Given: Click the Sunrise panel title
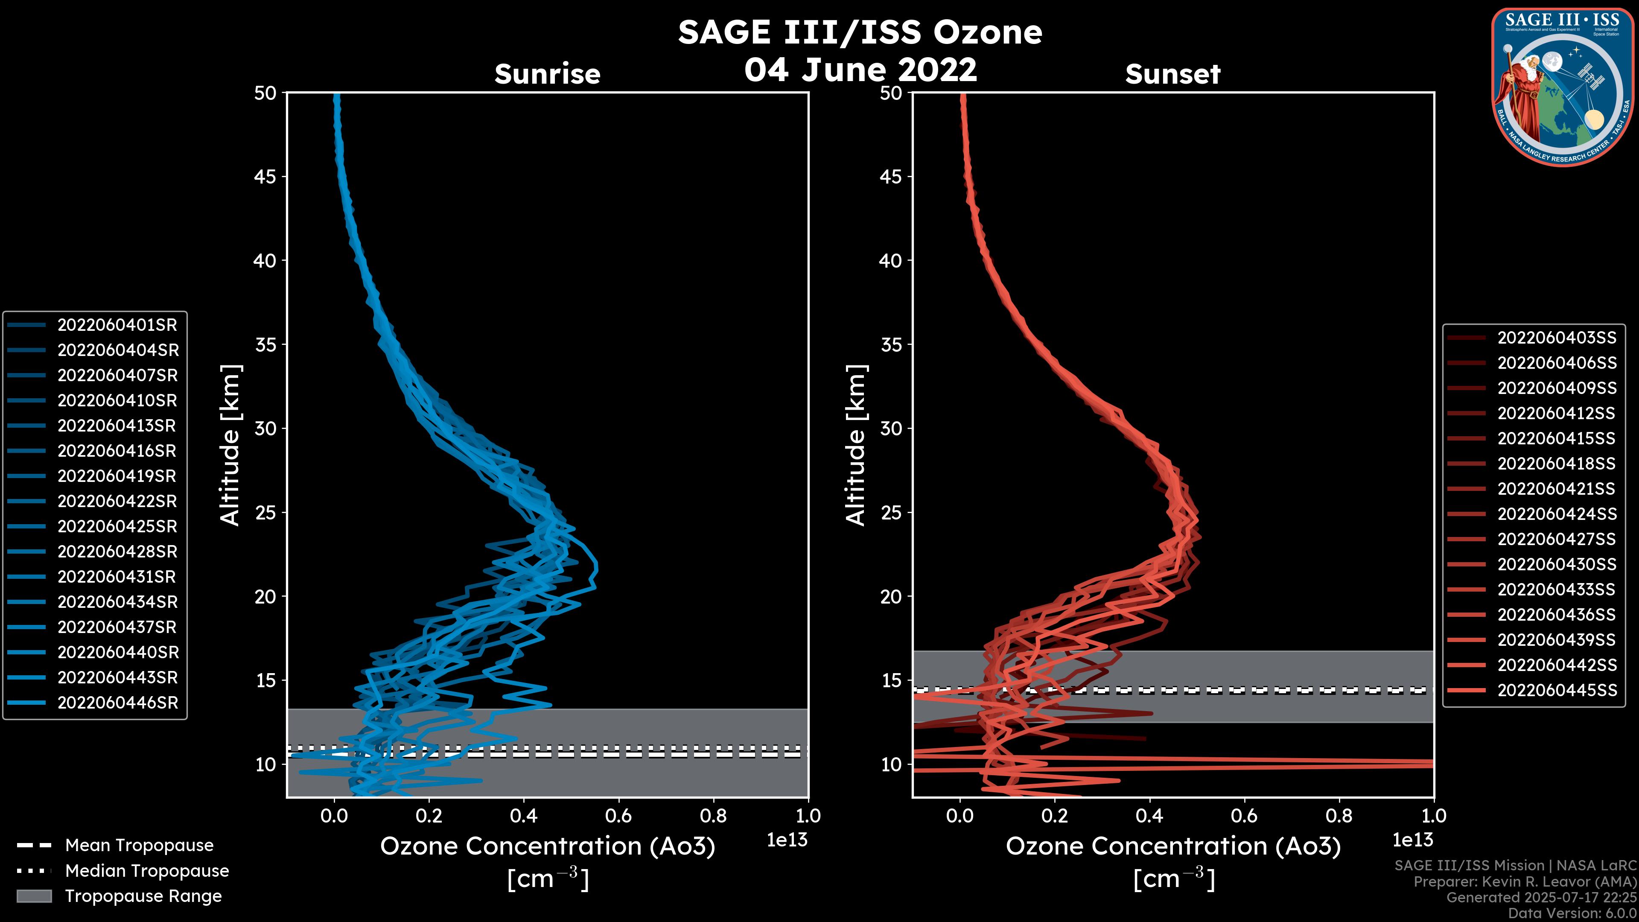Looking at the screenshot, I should coord(547,74).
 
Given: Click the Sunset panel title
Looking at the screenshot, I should coord(1172,74).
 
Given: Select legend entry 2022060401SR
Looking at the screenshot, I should coord(117,325).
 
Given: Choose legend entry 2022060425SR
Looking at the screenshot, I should coord(117,527).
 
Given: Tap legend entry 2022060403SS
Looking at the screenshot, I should coord(1556,338).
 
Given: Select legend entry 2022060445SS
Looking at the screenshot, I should coord(1556,690).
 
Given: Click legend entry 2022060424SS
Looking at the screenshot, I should coord(1556,514).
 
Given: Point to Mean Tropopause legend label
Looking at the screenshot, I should coord(139,846).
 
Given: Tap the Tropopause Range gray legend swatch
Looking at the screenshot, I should coord(34,896).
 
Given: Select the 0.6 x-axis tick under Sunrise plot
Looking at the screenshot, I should coord(618,816).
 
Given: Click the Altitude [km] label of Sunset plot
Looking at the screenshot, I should coord(856,445).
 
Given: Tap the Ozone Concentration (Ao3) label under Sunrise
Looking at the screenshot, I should coord(547,847).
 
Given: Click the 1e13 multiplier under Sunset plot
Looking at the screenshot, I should coord(1412,840).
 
